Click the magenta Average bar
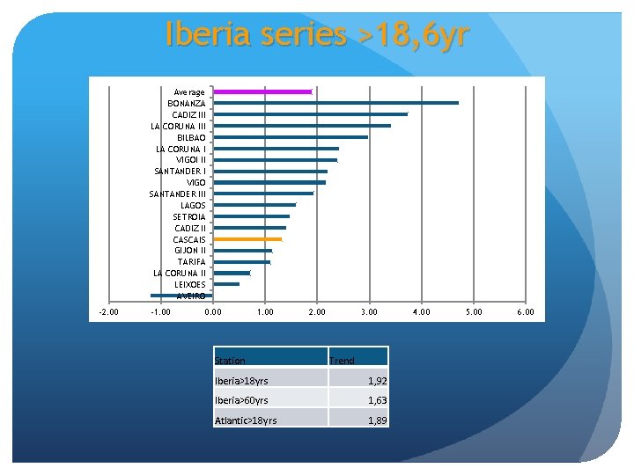pos(262,91)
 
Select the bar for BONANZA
pos(335,103)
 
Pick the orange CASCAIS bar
pos(247,239)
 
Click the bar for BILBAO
pos(291,137)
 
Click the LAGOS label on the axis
pos(193,205)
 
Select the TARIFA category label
pos(191,261)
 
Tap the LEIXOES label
pos(190,284)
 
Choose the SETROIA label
pos(189,216)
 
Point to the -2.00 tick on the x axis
pos(109,312)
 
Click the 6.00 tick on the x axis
pos(526,312)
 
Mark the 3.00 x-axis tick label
pos(369,312)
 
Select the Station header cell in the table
pos(231,361)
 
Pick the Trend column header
pos(342,361)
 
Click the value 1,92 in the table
pos(375,381)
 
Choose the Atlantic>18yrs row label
pos(246,420)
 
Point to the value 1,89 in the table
pos(375,420)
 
